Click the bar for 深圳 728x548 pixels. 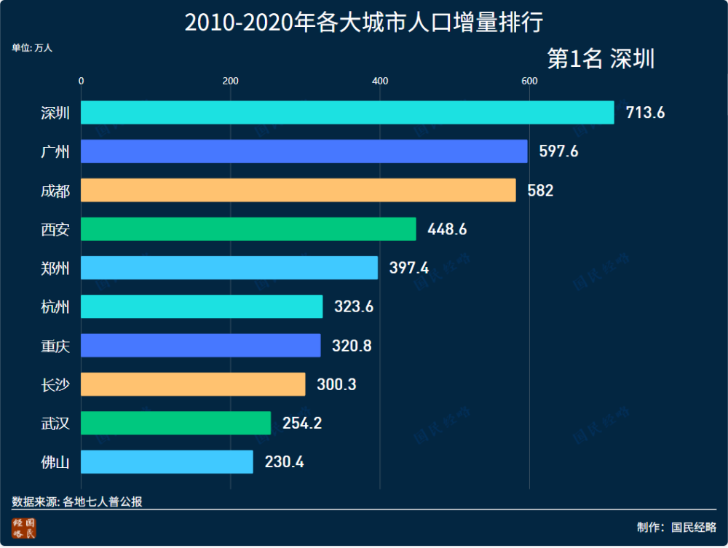coord(347,113)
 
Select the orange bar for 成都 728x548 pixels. coord(298,191)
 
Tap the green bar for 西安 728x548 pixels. coord(248,229)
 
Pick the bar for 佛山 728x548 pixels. coord(167,462)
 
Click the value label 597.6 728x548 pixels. coord(558,151)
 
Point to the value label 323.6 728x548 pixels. coord(354,307)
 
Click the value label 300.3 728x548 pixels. coord(336,384)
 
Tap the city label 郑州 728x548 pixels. coord(55,269)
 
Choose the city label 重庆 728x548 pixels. coord(55,346)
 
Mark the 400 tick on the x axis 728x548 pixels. coord(379,81)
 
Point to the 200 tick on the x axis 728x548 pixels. coord(231,81)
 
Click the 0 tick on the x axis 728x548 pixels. coord(82,81)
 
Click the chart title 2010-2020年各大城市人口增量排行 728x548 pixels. coord(363,23)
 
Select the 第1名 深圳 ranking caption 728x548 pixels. coord(601,59)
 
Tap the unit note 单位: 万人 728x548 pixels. coord(32,48)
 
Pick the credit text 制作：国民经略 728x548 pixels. coord(676,527)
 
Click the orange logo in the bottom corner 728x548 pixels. coord(23,529)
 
